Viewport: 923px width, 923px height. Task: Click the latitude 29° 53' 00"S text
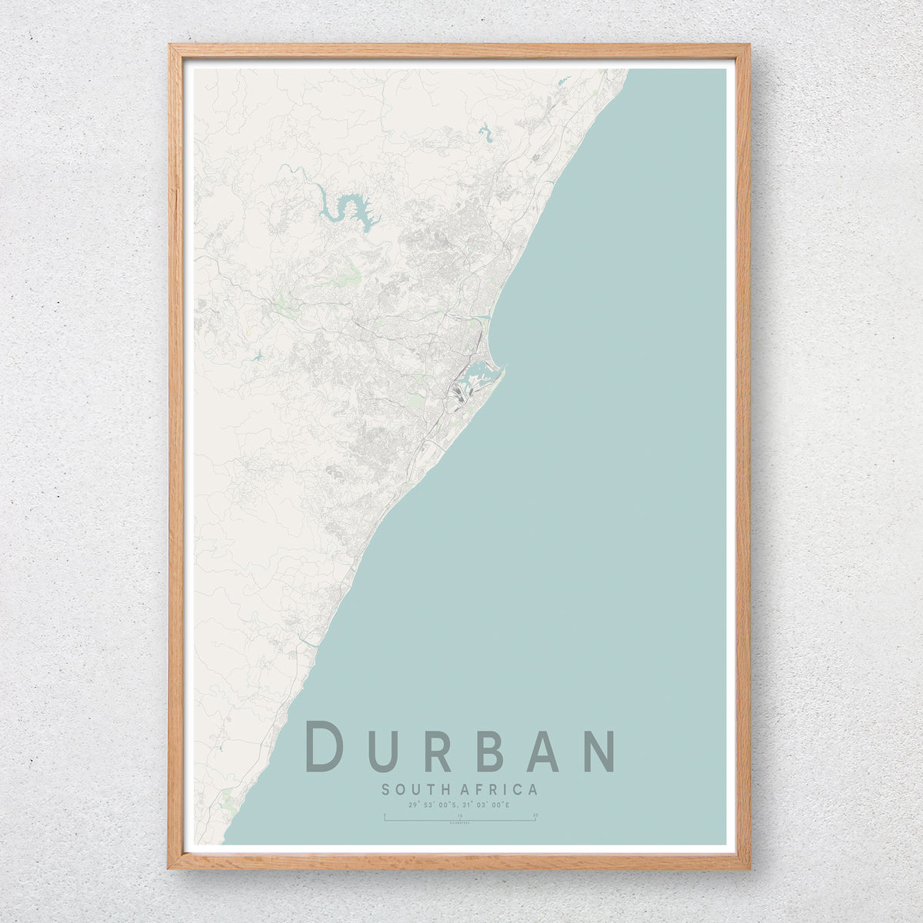[x=433, y=805]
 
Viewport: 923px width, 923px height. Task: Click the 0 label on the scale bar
[x=385, y=814]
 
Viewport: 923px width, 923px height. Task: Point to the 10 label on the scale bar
[x=460, y=814]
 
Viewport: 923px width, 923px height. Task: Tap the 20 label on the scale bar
[x=535, y=814]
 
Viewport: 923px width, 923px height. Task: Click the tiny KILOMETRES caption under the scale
[x=460, y=824]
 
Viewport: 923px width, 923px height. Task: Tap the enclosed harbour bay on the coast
[x=477, y=378]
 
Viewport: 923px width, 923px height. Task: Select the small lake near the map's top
[x=486, y=134]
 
